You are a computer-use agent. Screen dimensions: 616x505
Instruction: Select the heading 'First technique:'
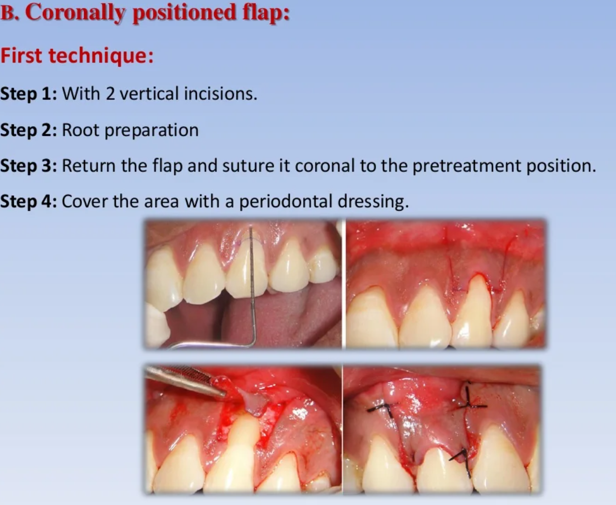pos(77,56)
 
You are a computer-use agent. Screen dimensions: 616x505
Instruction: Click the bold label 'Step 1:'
pos(29,93)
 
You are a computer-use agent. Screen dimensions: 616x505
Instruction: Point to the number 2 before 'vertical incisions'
pos(110,94)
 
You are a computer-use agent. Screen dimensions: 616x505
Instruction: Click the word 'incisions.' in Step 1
pos(221,93)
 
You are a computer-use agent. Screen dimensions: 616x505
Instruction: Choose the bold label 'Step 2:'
pos(29,130)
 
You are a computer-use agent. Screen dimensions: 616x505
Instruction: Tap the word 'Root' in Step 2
pos(80,130)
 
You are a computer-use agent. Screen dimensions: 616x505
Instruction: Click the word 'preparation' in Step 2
pos(152,131)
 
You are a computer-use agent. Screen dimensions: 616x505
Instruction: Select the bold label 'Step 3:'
pos(29,166)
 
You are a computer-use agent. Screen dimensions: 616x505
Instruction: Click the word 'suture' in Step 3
pos(248,166)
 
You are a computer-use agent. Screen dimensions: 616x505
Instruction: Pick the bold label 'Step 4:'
pos(29,202)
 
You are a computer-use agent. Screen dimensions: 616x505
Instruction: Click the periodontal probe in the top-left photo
pos(252,286)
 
